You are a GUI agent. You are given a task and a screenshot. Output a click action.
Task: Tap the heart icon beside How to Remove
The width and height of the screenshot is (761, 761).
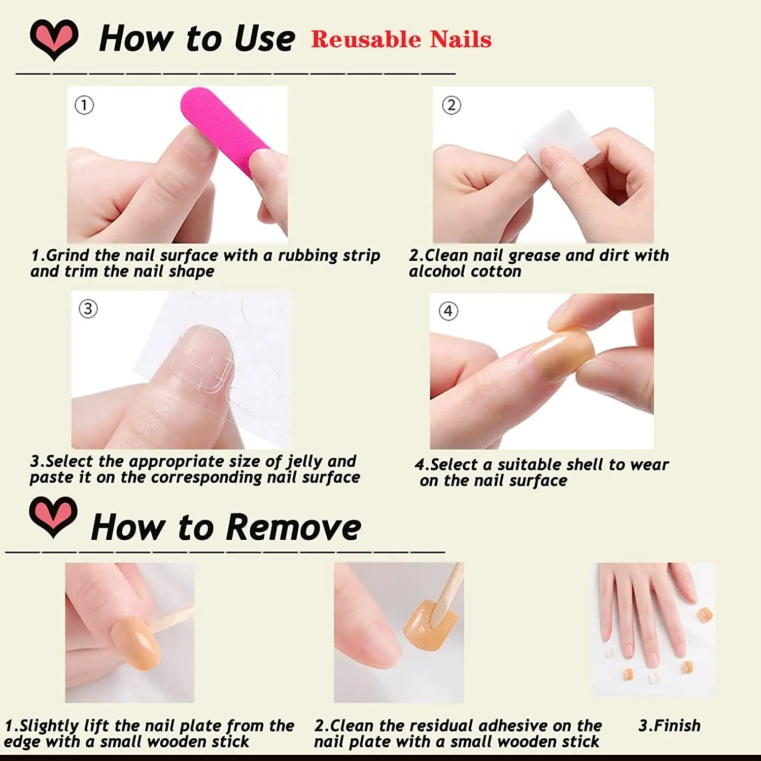click(53, 516)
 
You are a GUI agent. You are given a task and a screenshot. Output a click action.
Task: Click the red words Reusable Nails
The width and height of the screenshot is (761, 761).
click(401, 40)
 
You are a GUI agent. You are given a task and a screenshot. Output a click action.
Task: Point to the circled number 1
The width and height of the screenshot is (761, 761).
click(84, 106)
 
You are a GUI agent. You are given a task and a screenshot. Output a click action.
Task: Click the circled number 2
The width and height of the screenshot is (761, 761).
click(451, 106)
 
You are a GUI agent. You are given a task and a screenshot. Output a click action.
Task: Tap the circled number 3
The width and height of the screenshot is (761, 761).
click(88, 308)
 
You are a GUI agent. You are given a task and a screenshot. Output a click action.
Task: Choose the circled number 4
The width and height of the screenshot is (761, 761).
click(448, 311)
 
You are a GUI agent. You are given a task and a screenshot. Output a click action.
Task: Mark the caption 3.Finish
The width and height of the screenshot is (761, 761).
click(669, 725)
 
